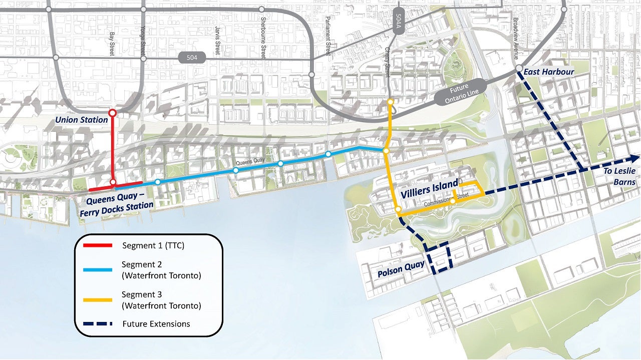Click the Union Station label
(x=82, y=120)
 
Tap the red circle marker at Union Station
(x=113, y=112)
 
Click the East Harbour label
(x=549, y=72)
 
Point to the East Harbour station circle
(x=519, y=68)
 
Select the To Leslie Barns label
(x=619, y=176)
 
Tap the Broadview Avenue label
(x=516, y=32)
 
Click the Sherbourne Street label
(x=263, y=44)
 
